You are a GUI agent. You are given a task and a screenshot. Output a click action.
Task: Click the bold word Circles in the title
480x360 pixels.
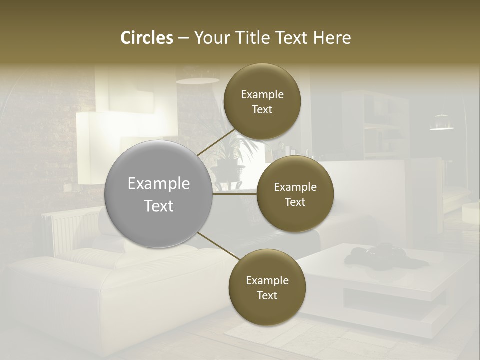pyautogui.click(x=147, y=38)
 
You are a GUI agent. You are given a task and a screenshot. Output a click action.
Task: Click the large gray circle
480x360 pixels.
pyautogui.click(x=158, y=194)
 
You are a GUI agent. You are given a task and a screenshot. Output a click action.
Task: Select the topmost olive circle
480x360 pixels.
pyautogui.click(x=262, y=102)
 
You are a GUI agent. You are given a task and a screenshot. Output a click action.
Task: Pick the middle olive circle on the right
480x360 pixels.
pyautogui.click(x=295, y=194)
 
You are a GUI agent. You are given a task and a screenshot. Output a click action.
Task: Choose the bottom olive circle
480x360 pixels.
pyautogui.click(x=267, y=287)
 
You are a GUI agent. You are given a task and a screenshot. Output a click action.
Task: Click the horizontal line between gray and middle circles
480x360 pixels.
pyautogui.click(x=234, y=194)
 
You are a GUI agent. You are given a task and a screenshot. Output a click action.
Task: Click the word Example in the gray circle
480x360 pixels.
pyautogui.click(x=158, y=184)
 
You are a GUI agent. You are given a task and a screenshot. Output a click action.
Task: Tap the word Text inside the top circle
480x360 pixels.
pyautogui.click(x=262, y=109)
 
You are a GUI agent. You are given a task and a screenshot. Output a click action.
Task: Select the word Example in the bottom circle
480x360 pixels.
pyautogui.click(x=267, y=280)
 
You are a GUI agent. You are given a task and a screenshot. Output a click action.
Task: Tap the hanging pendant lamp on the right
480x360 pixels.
pyautogui.click(x=441, y=122)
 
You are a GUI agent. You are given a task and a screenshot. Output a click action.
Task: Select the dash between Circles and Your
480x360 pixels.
pyautogui.click(x=183, y=38)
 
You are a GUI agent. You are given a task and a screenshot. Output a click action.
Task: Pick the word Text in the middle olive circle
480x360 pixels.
pyautogui.click(x=295, y=202)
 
